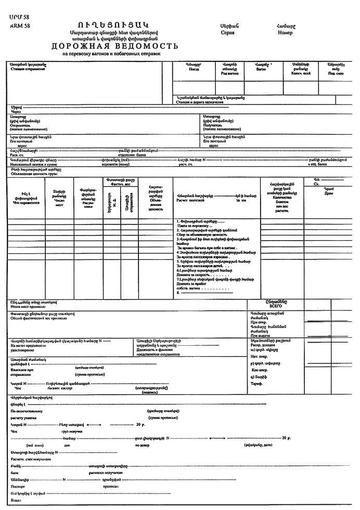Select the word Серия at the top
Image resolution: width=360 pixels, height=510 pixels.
pyautogui.click(x=228, y=32)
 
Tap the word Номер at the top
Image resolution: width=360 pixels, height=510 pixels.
pyautogui.click(x=285, y=32)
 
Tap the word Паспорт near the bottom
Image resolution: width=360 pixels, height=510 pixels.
pyautogui.click(x=18, y=487)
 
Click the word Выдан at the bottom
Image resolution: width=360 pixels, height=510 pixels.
pyautogui.click(x=15, y=500)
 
